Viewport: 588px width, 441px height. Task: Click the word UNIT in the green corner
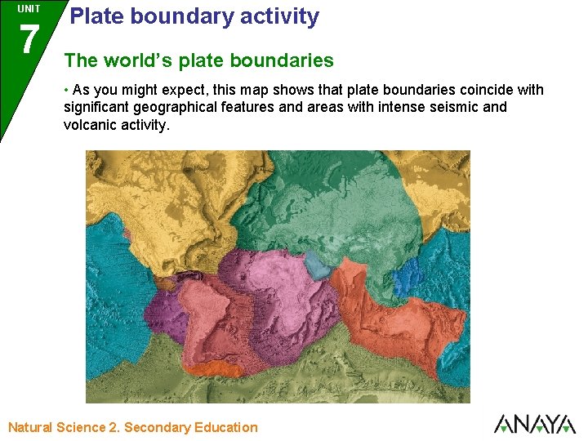click(x=29, y=9)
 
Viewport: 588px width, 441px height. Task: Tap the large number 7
click(x=29, y=39)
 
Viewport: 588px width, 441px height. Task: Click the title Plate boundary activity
click(x=194, y=16)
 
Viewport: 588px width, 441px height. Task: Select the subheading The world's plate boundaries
click(x=198, y=60)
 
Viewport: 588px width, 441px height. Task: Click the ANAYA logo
click(x=535, y=424)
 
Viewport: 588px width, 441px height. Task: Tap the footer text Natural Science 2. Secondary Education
click(x=132, y=427)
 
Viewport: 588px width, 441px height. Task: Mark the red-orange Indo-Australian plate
click(x=384, y=310)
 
